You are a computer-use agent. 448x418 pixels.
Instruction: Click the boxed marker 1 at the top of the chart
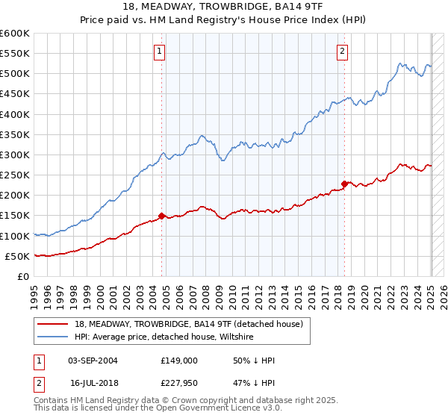coord(161,52)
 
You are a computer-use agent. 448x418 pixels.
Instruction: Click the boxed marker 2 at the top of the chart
coord(342,52)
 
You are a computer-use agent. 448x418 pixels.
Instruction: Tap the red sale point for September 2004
coord(161,216)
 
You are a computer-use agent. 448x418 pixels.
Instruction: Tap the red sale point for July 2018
coord(344,184)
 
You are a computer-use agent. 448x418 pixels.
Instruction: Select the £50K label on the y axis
coord(18,256)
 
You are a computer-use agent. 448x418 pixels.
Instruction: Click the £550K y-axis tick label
coord(15,54)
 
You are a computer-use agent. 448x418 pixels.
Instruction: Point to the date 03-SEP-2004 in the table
coord(93,361)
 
